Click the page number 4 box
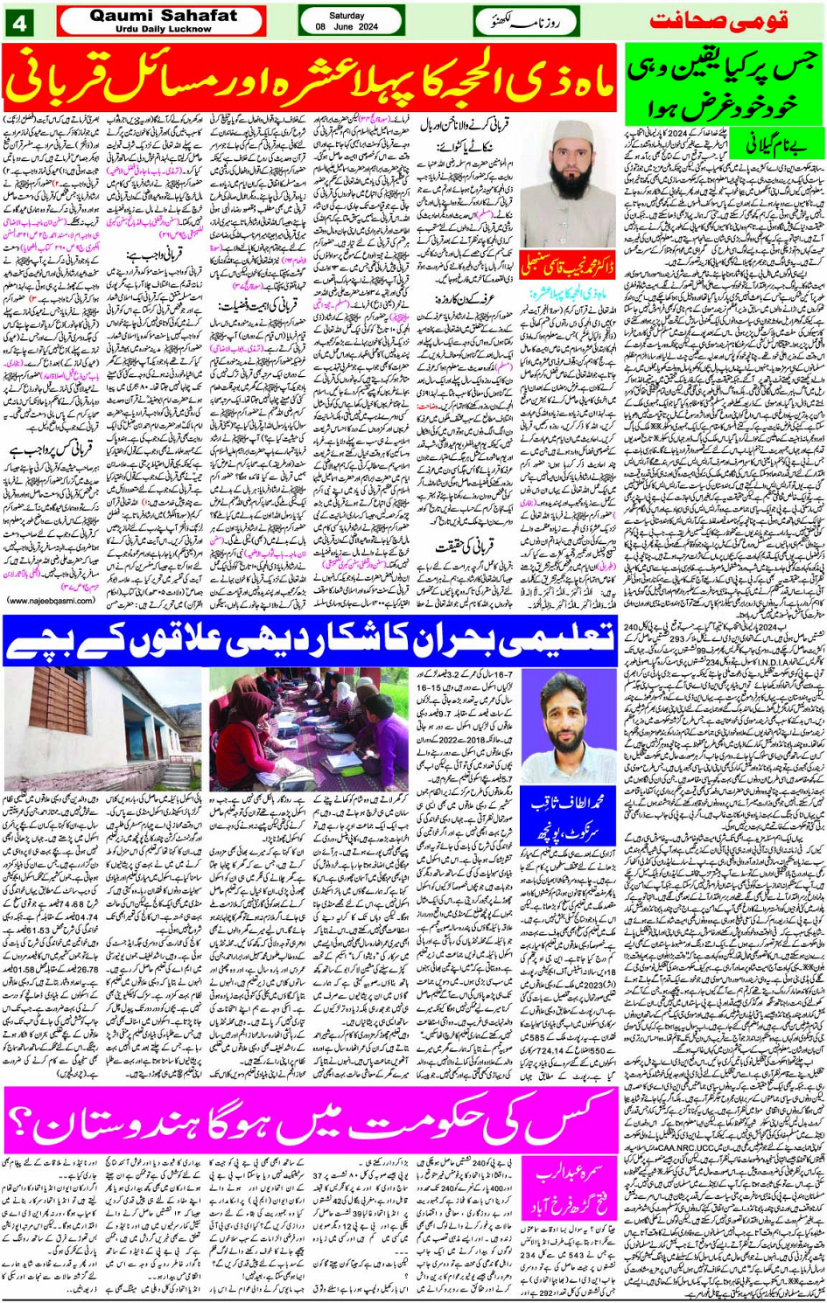point(19,22)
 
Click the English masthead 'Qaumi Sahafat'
point(163,16)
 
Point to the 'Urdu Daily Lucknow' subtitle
point(163,29)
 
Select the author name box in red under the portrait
point(567,263)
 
